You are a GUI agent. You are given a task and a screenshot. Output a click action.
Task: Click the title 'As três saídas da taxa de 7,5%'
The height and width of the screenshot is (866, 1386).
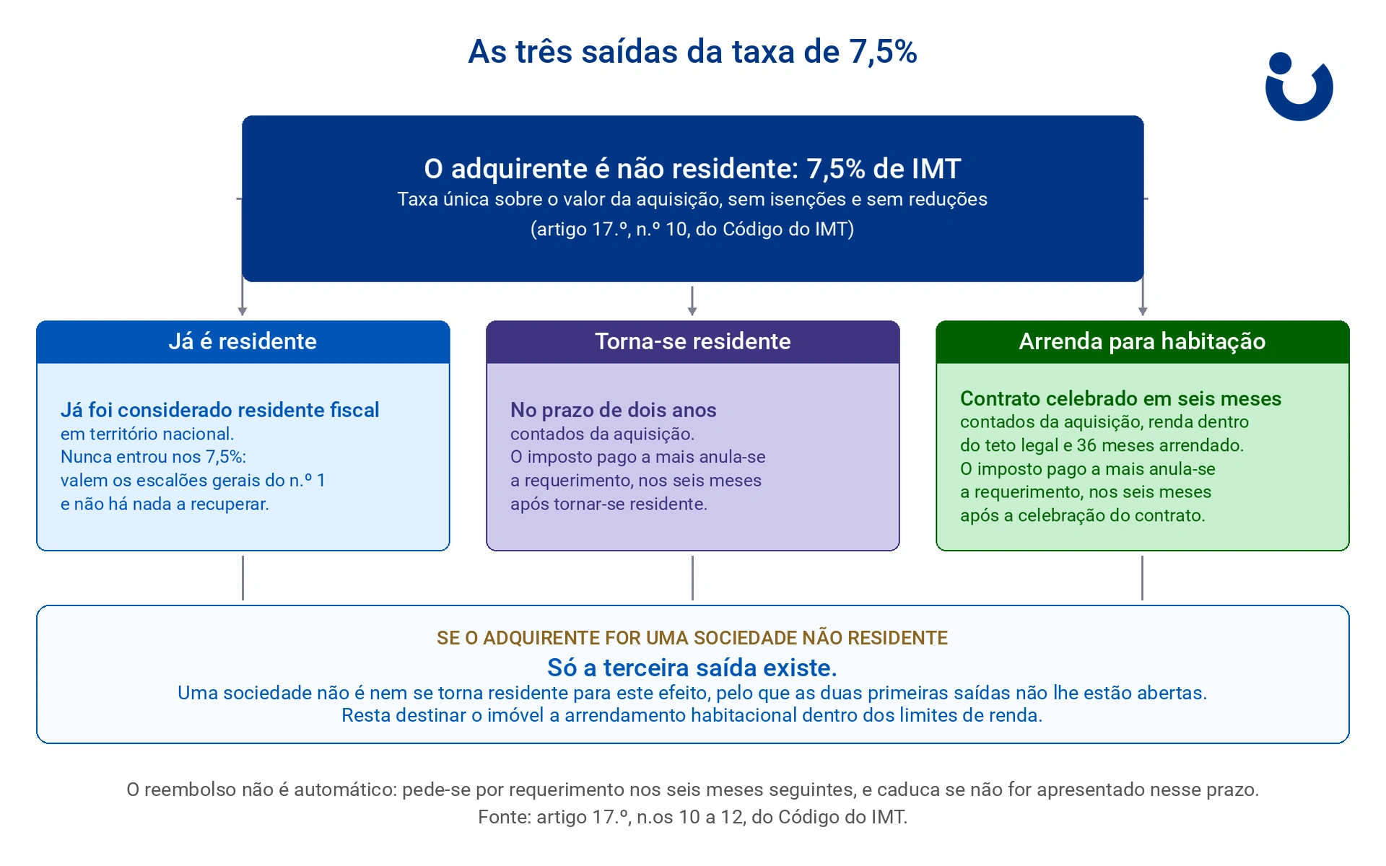click(x=692, y=52)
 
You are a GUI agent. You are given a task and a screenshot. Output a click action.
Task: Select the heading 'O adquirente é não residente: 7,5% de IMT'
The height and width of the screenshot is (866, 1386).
click(x=692, y=169)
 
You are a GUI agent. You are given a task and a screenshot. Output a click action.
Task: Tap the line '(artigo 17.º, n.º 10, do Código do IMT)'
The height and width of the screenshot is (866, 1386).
click(x=692, y=229)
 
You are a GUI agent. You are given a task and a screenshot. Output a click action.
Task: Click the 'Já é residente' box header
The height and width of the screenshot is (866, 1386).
click(x=243, y=341)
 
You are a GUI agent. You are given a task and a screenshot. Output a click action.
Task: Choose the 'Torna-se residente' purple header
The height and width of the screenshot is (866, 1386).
click(x=692, y=341)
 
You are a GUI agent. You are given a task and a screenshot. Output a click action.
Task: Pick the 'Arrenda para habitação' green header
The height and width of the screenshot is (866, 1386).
click(x=1142, y=341)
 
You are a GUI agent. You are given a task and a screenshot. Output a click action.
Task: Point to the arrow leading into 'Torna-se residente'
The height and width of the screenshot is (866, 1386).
click(x=692, y=301)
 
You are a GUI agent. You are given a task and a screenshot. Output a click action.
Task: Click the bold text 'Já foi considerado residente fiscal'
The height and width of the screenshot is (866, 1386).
click(x=219, y=410)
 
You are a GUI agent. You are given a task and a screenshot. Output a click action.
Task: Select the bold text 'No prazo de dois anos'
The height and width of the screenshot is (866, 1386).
click(x=613, y=410)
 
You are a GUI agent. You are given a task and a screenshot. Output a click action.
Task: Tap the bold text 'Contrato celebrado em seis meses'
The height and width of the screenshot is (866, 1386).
click(x=1120, y=398)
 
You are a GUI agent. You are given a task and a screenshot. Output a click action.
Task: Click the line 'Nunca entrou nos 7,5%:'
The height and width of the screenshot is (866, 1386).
click(x=153, y=457)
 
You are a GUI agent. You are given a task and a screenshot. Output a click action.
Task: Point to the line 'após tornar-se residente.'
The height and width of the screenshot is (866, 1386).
click(x=609, y=504)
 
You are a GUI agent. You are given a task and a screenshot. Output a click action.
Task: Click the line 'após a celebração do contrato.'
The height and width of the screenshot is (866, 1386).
click(x=1082, y=515)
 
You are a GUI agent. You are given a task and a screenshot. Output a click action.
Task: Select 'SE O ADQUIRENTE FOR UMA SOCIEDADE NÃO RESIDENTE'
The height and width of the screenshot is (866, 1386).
click(x=692, y=638)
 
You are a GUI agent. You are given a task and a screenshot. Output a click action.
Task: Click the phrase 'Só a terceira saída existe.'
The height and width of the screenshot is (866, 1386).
click(x=692, y=668)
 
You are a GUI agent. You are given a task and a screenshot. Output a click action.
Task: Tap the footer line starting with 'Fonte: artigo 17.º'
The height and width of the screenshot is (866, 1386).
click(x=692, y=817)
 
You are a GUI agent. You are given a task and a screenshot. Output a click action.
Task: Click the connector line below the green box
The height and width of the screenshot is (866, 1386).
click(x=1142, y=578)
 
